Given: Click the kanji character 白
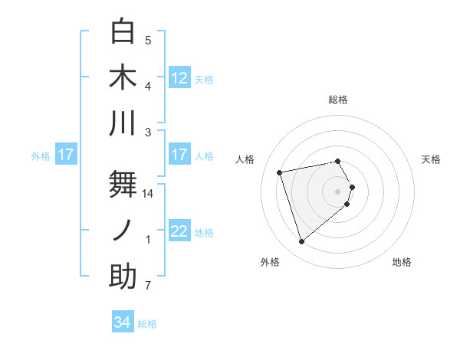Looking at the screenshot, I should click(x=123, y=31).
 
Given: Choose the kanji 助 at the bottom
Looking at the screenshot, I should click(x=123, y=277).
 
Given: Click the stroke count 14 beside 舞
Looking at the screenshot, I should click(x=148, y=194).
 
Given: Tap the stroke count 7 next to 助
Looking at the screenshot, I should click(x=148, y=286).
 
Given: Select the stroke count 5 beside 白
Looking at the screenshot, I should click(x=148, y=41).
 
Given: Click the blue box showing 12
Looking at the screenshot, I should click(x=179, y=77).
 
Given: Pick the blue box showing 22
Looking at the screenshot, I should click(x=179, y=231).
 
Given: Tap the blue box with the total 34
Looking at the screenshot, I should click(x=123, y=322).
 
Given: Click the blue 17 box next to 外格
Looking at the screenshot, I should click(x=66, y=155).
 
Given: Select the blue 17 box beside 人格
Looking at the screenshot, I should click(x=179, y=155).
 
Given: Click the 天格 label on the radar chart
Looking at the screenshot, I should click(x=432, y=159).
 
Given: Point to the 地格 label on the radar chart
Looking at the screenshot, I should click(x=402, y=263).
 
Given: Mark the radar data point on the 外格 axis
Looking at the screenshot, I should click(x=301, y=242).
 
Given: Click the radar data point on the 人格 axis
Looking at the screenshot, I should click(x=280, y=172).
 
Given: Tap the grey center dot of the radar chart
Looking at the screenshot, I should click(x=337, y=191).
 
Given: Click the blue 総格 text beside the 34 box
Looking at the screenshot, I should click(x=147, y=324).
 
